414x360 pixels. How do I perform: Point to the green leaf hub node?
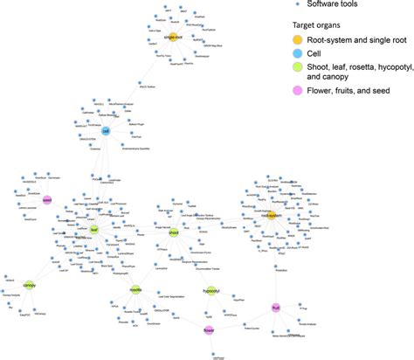tap(94, 230)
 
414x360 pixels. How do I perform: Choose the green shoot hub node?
tap(173, 232)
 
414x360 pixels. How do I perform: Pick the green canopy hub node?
tap(29, 285)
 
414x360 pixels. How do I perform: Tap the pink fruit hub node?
tap(274, 307)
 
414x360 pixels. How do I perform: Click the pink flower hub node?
tap(210, 330)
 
